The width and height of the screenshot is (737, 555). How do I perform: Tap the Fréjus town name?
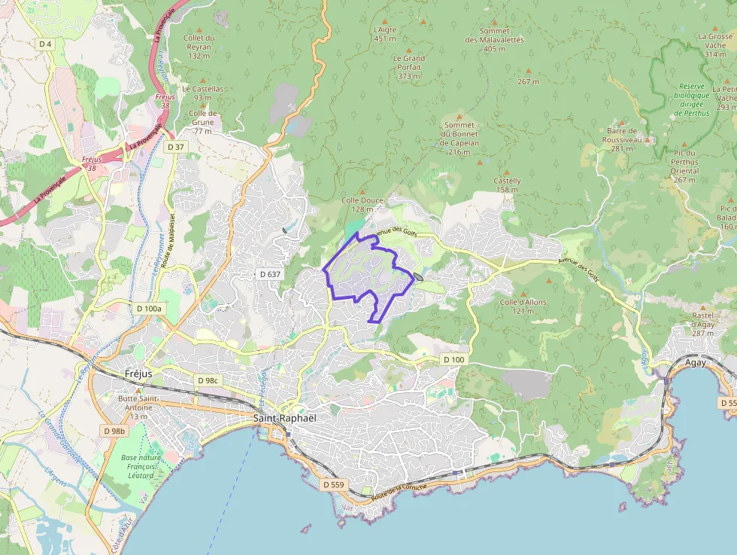pos(138,374)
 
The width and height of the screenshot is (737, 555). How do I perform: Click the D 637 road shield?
pos(270,274)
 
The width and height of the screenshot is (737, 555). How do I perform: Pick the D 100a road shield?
pos(150,308)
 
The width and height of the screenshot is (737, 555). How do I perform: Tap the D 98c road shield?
pos(207,381)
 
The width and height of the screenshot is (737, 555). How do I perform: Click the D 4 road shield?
pos(46,44)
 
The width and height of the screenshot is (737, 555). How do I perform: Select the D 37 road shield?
pos(176,146)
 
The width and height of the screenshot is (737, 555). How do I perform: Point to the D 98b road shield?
pos(114,430)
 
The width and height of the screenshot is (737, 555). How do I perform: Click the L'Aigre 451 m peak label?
pos(384,34)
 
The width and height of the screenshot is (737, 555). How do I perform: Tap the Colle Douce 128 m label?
pos(362,204)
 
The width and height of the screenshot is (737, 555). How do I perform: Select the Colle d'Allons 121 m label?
pos(523,306)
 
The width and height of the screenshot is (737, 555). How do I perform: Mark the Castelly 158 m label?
pos(507,184)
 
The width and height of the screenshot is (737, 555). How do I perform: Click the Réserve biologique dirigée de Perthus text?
pos(691,99)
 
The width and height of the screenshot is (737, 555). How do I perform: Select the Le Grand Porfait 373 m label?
pos(408,66)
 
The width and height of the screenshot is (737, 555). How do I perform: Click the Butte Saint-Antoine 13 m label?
pos(138,407)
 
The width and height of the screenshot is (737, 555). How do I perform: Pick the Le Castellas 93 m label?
pos(202,93)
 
